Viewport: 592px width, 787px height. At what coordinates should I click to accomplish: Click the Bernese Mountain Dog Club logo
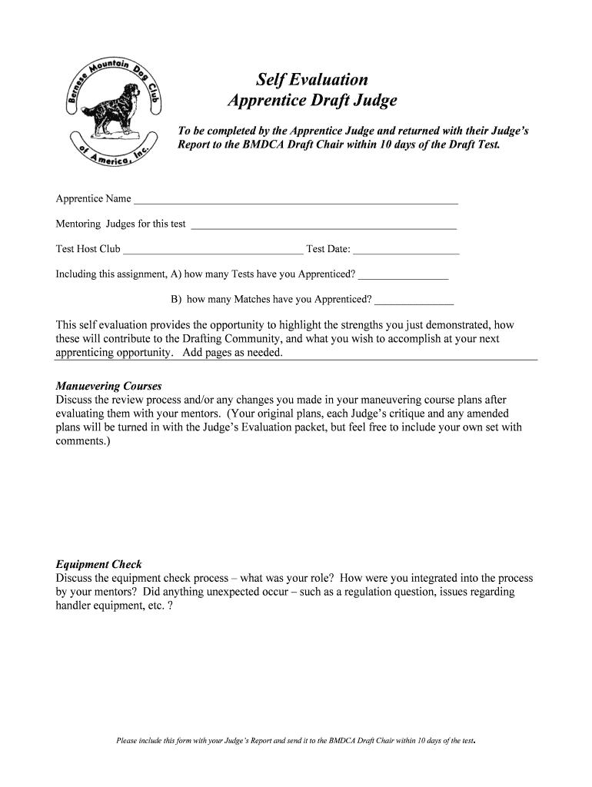click(x=111, y=110)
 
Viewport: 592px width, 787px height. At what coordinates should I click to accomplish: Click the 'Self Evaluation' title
click(x=312, y=80)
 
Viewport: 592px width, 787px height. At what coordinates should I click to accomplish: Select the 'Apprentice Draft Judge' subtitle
click(x=312, y=101)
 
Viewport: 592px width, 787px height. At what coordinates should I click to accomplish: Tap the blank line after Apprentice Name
click(x=296, y=201)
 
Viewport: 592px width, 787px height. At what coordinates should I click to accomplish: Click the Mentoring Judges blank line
click(x=323, y=227)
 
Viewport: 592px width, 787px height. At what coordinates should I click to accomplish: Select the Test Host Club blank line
click(x=213, y=251)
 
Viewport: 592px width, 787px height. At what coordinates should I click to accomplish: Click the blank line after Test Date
click(x=406, y=251)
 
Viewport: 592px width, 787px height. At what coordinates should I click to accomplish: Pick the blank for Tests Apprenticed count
click(x=403, y=277)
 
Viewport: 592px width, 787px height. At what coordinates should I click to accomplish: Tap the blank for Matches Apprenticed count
click(x=414, y=301)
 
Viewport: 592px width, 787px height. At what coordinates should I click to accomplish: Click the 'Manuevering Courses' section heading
click(x=108, y=387)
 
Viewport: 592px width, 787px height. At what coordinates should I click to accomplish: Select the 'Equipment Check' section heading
click(x=98, y=565)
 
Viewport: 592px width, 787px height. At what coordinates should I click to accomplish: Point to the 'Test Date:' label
click(x=328, y=249)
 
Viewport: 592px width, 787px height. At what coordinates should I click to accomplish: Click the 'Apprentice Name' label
click(x=93, y=199)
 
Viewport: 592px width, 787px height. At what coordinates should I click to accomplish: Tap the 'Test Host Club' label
click(x=88, y=249)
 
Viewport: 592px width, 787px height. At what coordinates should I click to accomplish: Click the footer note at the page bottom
click(x=296, y=742)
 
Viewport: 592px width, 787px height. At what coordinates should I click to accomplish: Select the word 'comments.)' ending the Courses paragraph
click(x=83, y=442)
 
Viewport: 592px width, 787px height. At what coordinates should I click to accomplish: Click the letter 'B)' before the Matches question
click(x=176, y=299)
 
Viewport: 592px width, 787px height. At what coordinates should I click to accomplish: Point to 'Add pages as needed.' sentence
click(x=233, y=353)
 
